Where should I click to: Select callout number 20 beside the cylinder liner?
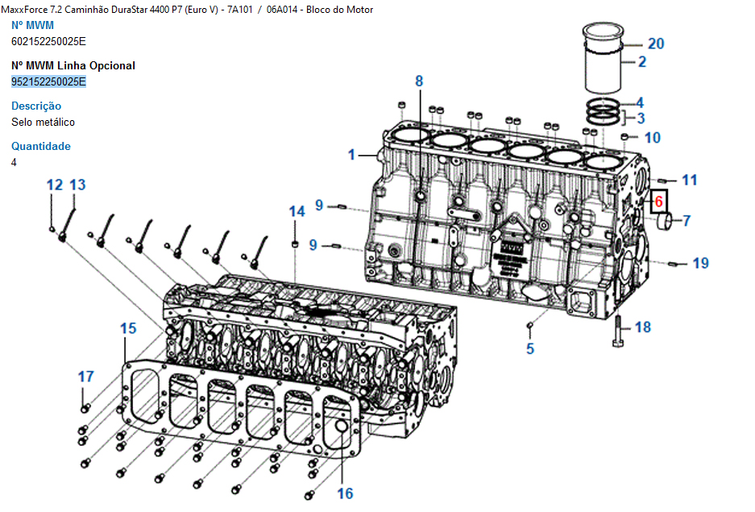[656, 44]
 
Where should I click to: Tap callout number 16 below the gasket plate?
[345, 493]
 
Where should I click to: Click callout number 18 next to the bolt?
[642, 327]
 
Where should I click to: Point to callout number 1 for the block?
[351, 154]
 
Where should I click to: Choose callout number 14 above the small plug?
[297, 212]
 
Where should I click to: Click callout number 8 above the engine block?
[419, 81]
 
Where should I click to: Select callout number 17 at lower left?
[85, 377]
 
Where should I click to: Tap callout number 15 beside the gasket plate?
[128, 328]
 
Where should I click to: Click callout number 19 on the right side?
[700, 263]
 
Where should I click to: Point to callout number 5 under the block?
[530, 349]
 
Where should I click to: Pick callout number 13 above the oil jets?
[77, 185]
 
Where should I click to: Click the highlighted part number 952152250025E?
[48, 81]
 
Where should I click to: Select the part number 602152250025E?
[48, 41]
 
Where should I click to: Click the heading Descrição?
[36, 106]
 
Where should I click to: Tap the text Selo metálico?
[44, 122]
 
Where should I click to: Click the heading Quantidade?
[41, 146]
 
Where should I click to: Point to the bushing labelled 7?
[666, 221]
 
